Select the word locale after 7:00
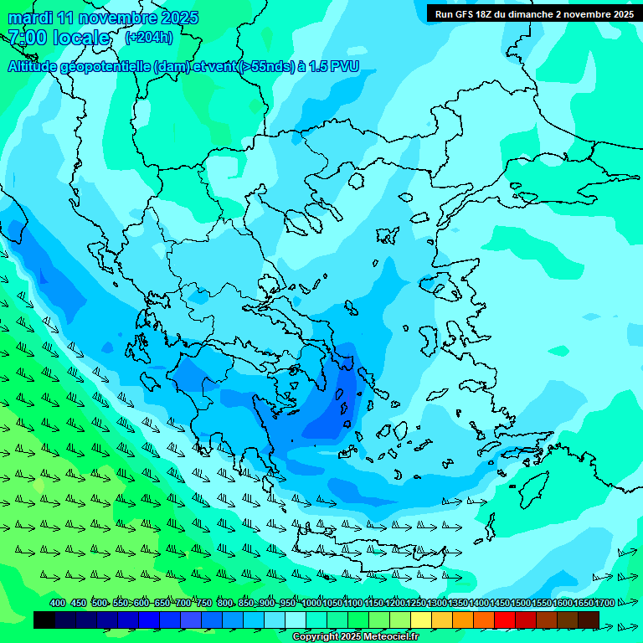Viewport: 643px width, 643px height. click(x=80, y=38)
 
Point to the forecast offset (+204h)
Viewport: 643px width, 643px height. click(x=148, y=38)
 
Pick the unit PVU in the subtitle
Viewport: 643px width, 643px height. click(x=343, y=67)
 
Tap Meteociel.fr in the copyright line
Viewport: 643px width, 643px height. click(x=390, y=637)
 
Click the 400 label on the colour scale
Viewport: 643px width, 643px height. click(x=58, y=604)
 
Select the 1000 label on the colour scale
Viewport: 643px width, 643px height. click(x=312, y=604)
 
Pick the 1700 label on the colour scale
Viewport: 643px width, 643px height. click(x=604, y=604)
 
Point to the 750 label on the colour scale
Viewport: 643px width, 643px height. click(x=204, y=604)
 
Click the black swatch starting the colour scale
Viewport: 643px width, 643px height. click(x=44, y=620)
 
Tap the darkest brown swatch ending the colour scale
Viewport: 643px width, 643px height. click(x=589, y=620)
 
